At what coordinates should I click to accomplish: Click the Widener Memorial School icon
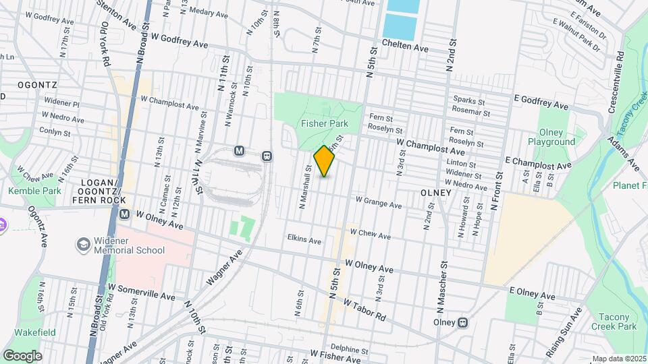point(84,243)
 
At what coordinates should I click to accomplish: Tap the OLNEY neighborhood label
point(435,193)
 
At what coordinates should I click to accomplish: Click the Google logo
point(22,356)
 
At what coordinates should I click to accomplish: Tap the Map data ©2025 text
point(618,359)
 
